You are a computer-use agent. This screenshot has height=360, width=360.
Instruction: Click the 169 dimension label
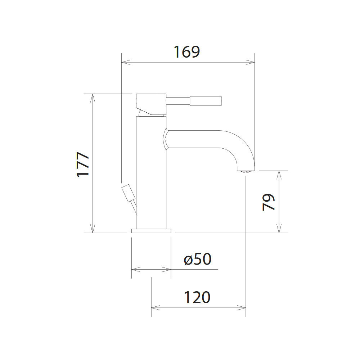click(186, 51)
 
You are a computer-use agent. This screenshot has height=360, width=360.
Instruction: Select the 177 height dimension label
click(83, 165)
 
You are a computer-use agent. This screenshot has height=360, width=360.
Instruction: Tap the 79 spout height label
click(269, 202)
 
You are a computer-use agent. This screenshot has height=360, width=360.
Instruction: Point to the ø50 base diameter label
click(197, 259)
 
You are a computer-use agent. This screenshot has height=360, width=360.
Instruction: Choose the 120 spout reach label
click(197, 297)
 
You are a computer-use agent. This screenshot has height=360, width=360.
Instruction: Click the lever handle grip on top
click(206, 101)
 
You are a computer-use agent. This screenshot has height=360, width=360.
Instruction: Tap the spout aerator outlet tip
click(246, 171)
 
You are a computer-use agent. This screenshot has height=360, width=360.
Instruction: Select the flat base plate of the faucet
click(151, 231)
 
